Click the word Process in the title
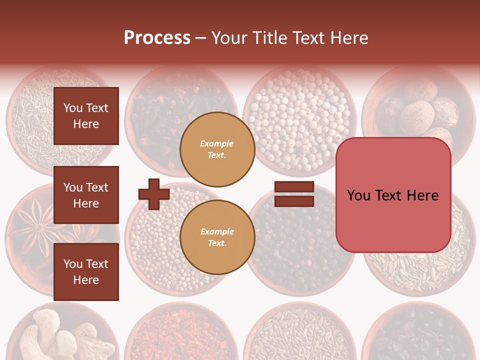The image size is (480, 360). click(157, 38)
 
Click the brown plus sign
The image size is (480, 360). click(154, 194)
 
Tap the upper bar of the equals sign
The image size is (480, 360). click(294, 187)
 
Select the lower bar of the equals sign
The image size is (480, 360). click(294, 201)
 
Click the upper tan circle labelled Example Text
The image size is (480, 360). click(217, 149)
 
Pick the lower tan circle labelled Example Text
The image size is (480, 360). click(217, 237)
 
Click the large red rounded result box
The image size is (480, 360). click(393, 195)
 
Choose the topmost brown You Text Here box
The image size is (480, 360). click(86, 116)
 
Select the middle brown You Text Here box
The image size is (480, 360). click(86, 195)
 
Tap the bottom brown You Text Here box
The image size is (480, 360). click(86, 272)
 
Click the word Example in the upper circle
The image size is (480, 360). click(217, 144)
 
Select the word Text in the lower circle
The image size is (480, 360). click(217, 243)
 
